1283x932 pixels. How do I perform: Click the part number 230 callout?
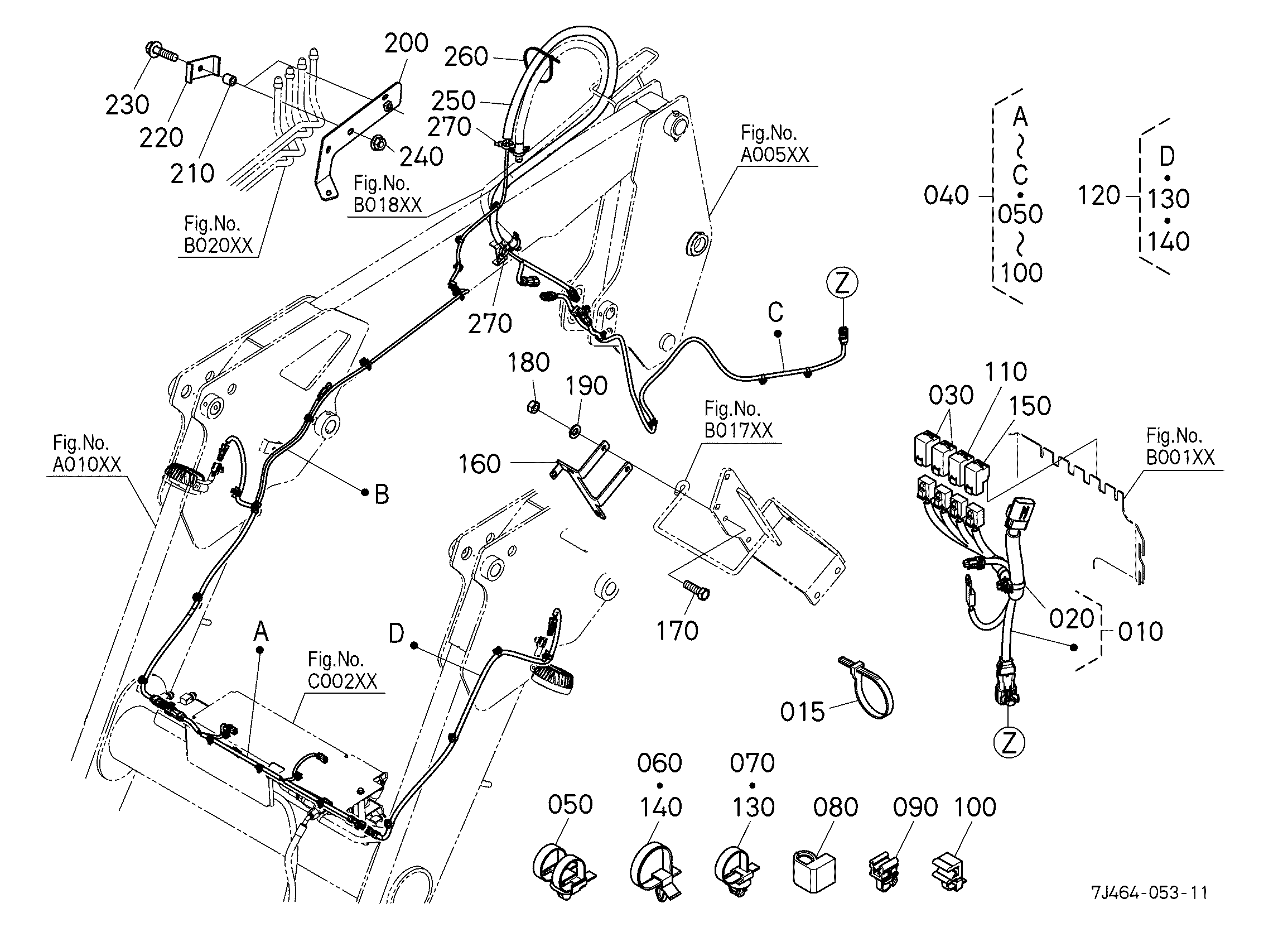(127, 105)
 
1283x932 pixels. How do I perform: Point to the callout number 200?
(406, 43)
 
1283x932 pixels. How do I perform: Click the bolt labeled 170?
(696, 590)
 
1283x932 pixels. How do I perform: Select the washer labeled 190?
(574, 433)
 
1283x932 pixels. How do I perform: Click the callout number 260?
(466, 56)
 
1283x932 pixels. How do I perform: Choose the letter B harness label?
(382, 494)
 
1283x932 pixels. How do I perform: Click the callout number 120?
(1099, 196)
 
